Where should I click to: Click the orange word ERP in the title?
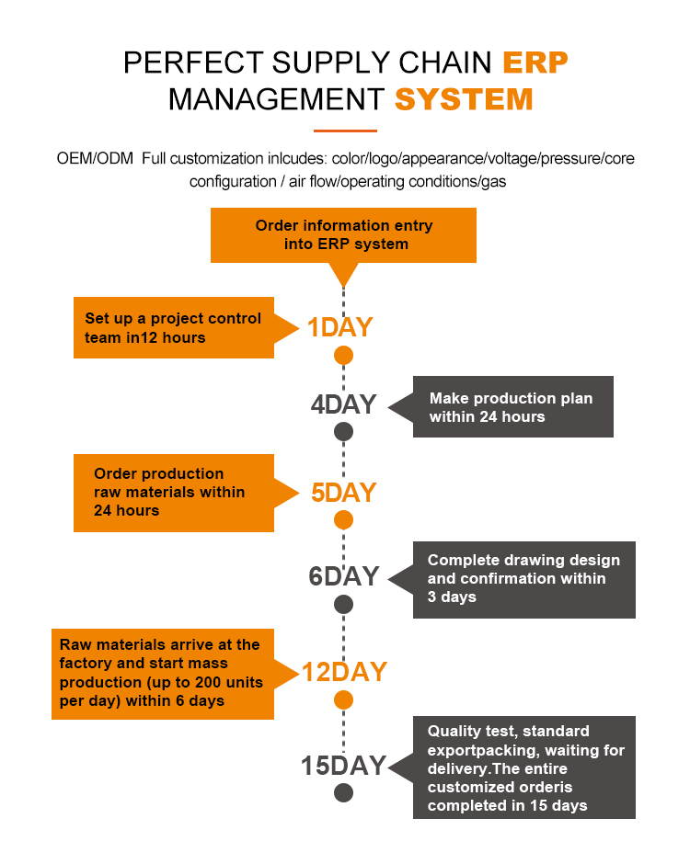[535, 63]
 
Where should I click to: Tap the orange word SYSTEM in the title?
[464, 99]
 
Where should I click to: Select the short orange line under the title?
[345, 130]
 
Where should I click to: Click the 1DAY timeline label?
[339, 327]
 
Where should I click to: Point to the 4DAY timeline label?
[343, 404]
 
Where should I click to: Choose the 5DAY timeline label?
[343, 493]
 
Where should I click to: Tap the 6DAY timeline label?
[343, 576]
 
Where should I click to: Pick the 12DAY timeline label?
[344, 673]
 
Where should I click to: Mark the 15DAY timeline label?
[343, 766]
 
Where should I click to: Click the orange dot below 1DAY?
[343, 355]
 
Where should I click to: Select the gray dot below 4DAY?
[343, 431]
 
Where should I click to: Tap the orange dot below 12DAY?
[343, 700]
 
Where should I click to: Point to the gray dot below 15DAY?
[343, 792]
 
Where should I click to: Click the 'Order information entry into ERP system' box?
[343, 234]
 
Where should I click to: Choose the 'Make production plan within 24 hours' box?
[512, 407]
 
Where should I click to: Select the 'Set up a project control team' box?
[174, 327]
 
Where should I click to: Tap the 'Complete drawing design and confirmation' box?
[523, 579]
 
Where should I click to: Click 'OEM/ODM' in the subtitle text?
[95, 158]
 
